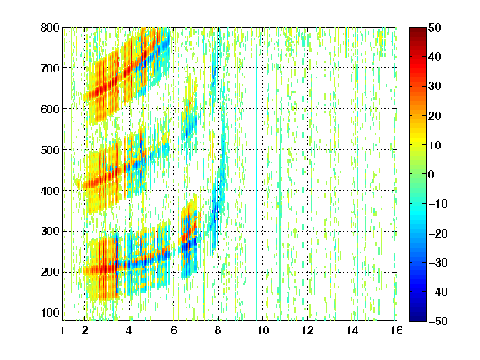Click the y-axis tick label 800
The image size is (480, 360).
50,27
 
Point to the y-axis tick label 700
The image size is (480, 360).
50,68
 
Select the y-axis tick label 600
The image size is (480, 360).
50,109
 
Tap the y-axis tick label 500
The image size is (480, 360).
50,150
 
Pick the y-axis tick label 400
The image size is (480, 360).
50,191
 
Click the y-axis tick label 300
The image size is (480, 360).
50,232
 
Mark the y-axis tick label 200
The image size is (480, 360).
50,272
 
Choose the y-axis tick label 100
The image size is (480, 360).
50,312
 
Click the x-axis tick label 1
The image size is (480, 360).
62,330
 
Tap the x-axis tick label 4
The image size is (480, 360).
129,330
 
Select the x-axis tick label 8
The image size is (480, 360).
218,330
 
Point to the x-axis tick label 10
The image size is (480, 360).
263,330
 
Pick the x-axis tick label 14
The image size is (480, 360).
352,330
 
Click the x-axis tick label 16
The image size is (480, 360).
397,330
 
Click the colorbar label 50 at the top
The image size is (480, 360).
435,27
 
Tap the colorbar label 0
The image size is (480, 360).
432,174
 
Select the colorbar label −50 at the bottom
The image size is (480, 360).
438,321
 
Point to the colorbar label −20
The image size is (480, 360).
438,233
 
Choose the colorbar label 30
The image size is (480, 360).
435,87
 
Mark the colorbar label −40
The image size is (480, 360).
438,292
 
